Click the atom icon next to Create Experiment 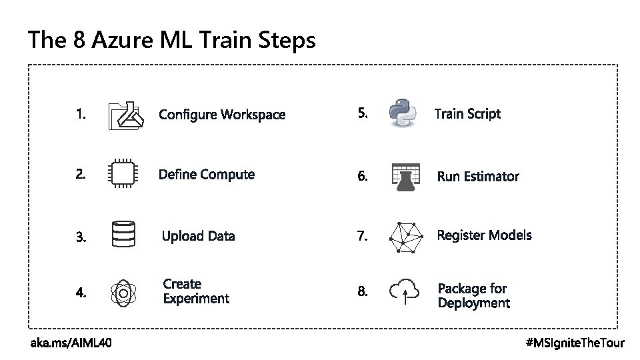[123, 292]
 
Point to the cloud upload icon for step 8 [405, 291]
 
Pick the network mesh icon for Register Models [406, 237]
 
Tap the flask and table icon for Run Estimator [405, 177]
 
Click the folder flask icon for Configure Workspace [125, 116]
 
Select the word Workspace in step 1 [252, 115]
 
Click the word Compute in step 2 [227, 175]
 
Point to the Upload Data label [199, 236]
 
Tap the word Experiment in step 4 [196, 299]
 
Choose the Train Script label [467, 114]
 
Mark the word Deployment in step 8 [473, 303]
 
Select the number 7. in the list [362, 236]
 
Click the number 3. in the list [81, 237]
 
